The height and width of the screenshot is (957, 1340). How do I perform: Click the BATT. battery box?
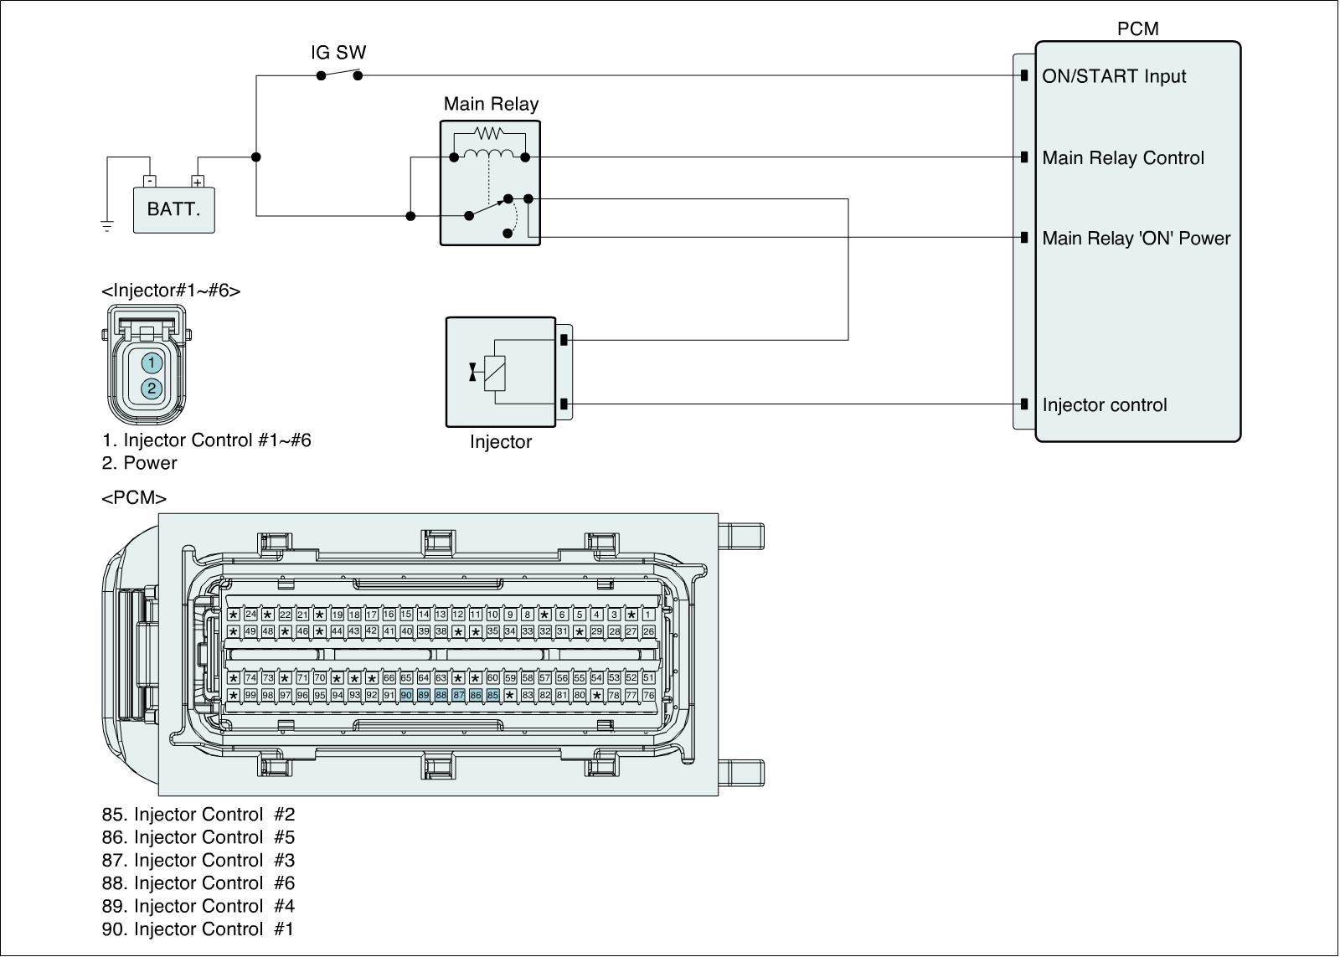click(x=173, y=210)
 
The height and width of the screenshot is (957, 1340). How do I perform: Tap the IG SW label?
click(x=338, y=53)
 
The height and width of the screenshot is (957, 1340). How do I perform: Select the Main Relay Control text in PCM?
click(x=1123, y=158)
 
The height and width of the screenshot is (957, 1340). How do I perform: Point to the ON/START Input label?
click(x=1114, y=76)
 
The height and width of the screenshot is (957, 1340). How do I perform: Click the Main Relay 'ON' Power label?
click(x=1136, y=238)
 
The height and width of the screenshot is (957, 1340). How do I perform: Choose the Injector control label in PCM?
click(x=1105, y=405)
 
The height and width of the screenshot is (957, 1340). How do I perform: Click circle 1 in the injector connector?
click(x=152, y=363)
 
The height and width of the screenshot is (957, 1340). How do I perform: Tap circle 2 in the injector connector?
click(x=152, y=388)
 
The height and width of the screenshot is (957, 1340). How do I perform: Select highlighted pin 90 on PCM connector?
click(x=406, y=695)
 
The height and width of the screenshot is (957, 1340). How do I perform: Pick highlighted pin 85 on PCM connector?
click(x=493, y=695)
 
